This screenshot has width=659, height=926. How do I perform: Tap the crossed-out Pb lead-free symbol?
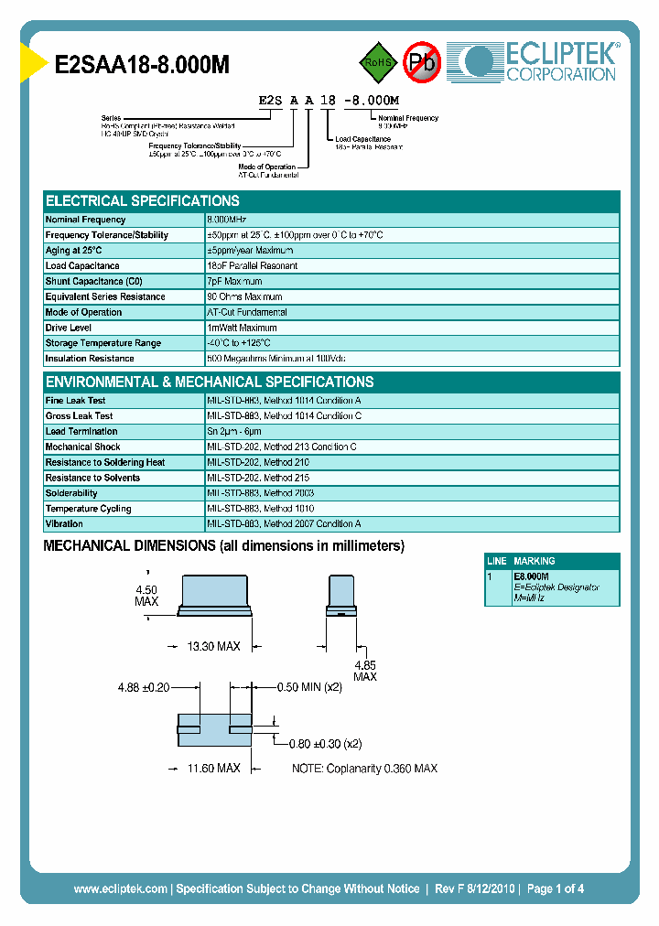tap(422, 62)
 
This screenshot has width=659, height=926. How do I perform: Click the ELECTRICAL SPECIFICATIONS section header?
tap(143, 201)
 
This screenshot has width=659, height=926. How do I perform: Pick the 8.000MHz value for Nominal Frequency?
tap(227, 220)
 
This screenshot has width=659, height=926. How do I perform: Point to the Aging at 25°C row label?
tap(74, 251)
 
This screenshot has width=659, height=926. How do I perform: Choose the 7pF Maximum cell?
tap(235, 282)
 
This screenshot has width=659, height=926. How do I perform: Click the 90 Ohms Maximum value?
tap(244, 296)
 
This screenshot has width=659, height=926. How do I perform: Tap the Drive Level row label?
tap(68, 328)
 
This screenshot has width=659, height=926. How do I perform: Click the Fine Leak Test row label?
tap(75, 401)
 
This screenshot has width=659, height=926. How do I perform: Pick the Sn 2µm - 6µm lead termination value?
tap(234, 431)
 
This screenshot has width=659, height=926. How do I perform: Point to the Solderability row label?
tap(71, 493)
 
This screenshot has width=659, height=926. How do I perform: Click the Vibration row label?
tap(64, 524)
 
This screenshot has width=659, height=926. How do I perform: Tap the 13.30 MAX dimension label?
tap(213, 646)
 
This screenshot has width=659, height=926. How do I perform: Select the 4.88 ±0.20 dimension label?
tap(144, 687)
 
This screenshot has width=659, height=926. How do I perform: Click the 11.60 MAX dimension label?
tap(213, 768)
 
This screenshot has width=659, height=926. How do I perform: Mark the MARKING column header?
tap(535, 561)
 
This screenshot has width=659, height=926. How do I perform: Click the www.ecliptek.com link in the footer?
tap(120, 888)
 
